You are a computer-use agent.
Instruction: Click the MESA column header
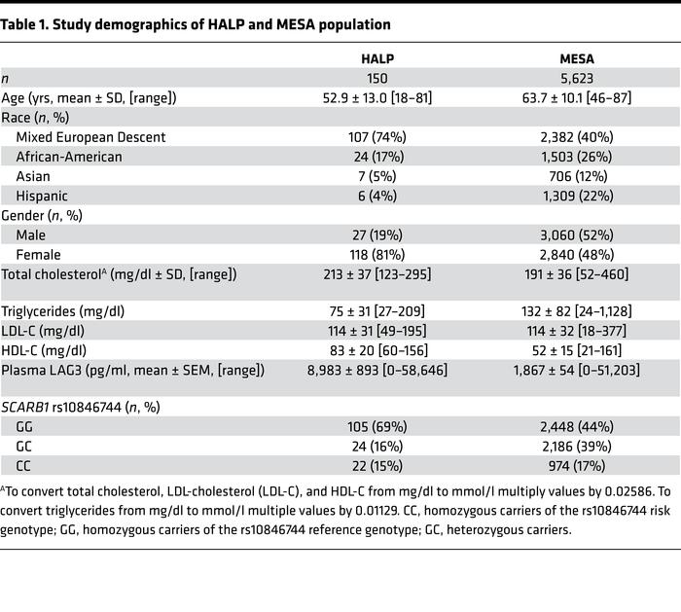[560, 58]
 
